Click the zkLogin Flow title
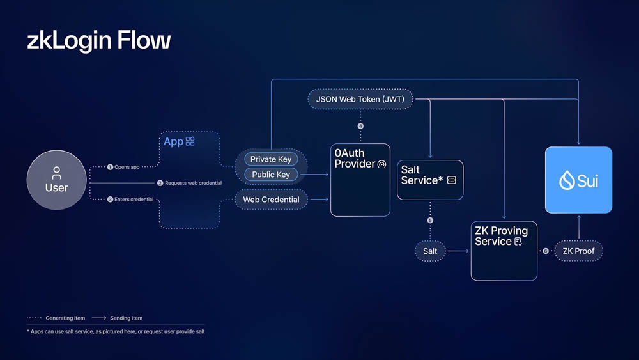pos(98,40)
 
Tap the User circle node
pos(57,180)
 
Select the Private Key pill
pos(271,159)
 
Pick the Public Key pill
pos(271,175)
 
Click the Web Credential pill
pos(271,200)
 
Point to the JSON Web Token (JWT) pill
pos(360,99)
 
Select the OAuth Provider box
pos(360,180)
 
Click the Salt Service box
pos(430,180)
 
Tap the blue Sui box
pos(579,180)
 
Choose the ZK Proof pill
pos(579,251)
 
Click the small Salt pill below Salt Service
pos(430,251)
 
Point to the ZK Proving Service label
pos(501,236)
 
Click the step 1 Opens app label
pos(123,167)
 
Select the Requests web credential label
pos(190,183)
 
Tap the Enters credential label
pos(130,200)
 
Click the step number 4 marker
pos(360,126)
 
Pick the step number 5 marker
pos(430,220)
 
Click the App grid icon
pos(190,141)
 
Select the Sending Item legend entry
pos(117,318)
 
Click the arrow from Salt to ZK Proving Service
pos(458,251)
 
